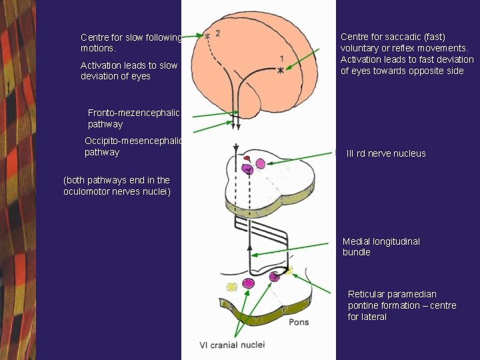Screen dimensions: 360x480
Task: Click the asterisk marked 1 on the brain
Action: click(x=281, y=69)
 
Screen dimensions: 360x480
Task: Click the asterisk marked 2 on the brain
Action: click(x=207, y=35)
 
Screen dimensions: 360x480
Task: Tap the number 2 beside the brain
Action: click(x=218, y=33)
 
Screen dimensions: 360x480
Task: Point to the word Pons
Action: click(x=299, y=322)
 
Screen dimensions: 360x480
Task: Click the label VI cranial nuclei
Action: click(x=232, y=345)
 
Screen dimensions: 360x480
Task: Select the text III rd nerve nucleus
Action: click(x=386, y=153)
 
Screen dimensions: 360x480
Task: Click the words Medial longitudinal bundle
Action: click(x=381, y=247)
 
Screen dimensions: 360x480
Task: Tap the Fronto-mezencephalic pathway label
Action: click(x=133, y=119)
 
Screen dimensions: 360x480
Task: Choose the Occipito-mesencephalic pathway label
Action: click(x=133, y=147)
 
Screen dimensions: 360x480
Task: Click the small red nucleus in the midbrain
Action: click(x=247, y=159)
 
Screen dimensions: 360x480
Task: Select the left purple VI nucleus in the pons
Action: click(x=248, y=283)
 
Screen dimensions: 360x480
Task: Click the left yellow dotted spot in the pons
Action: click(x=231, y=287)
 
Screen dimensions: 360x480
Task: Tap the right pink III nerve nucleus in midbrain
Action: click(x=260, y=163)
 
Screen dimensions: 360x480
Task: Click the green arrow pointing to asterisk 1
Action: click(x=306, y=59)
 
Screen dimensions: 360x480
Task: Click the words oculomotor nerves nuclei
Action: click(x=117, y=192)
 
